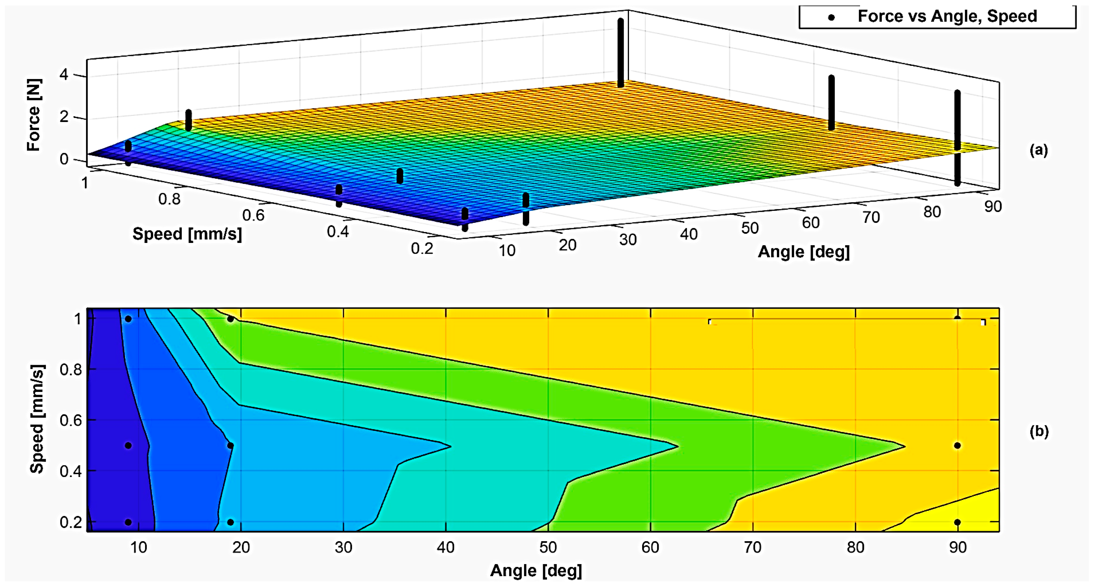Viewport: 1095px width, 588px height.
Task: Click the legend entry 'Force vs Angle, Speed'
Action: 947,17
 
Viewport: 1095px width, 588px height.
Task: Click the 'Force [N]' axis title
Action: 34,115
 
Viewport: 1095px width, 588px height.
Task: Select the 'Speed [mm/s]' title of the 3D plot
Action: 187,234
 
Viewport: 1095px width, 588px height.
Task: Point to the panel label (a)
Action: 1039,150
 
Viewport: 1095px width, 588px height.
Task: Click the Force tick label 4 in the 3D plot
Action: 64,75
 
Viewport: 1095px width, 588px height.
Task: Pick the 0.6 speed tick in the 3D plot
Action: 253,215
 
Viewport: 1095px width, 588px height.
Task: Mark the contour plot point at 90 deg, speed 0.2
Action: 957,522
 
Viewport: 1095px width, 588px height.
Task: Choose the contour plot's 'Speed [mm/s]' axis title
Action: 38,419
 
